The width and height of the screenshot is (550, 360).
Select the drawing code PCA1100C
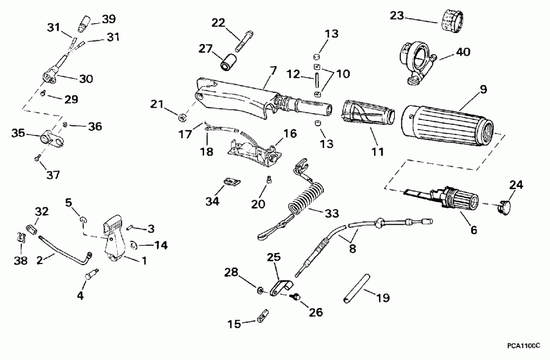coord(524,345)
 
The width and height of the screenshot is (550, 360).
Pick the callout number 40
coord(463,52)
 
